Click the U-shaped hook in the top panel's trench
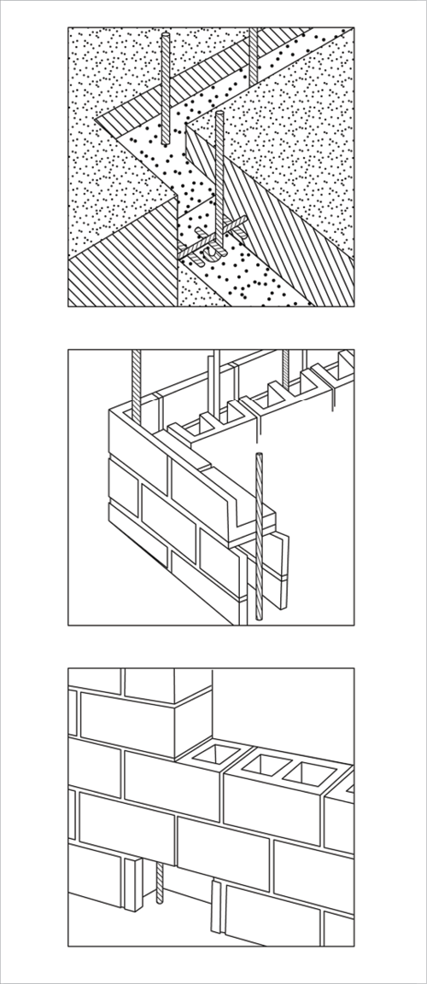click(x=210, y=253)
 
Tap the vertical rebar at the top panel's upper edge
click(x=254, y=55)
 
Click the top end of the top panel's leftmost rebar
click(x=165, y=34)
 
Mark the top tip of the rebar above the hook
click(x=220, y=114)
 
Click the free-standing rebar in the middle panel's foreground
click(x=257, y=538)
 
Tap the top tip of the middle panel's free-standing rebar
click(x=257, y=455)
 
